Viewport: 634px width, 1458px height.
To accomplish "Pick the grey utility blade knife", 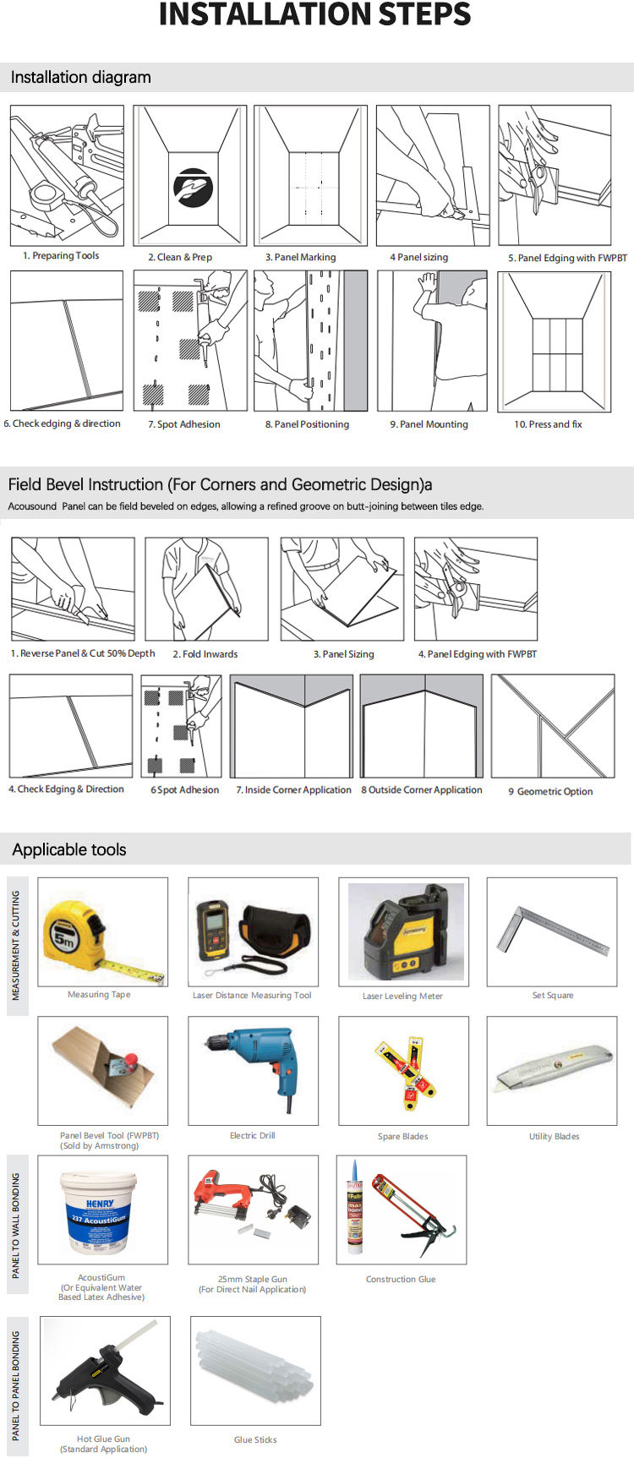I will coord(553,1069).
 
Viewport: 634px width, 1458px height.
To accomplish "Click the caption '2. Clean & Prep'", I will coord(180,257).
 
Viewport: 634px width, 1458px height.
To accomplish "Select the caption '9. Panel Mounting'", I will coord(429,424).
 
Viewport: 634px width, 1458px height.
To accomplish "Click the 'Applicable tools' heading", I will coord(69,850).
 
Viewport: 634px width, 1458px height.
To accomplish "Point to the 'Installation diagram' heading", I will coord(81,78).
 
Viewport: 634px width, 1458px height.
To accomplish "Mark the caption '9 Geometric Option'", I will coord(550,792).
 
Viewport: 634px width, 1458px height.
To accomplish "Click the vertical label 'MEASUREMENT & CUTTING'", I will coord(16,945).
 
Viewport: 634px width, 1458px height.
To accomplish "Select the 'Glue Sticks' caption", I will coord(255,1439).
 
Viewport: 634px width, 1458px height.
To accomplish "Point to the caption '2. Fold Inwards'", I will coord(205,654).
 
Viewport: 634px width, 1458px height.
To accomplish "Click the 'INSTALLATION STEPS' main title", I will coord(315,14).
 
